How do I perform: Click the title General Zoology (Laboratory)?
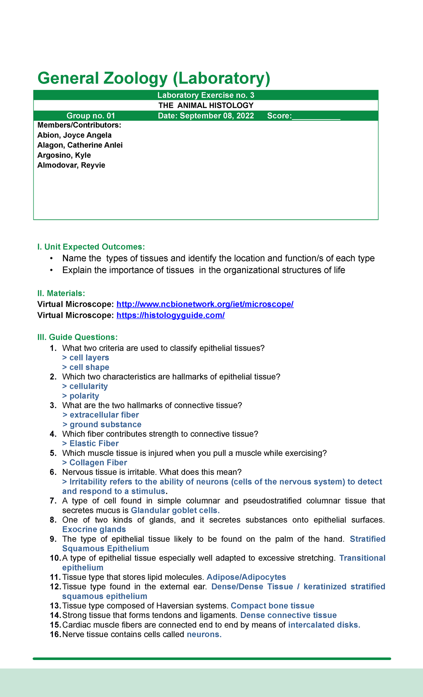pyautogui.click(x=154, y=78)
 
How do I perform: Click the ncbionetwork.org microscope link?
pyautogui.click(x=205, y=304)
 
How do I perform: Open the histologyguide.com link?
pyautogui.click(x=170, y=315)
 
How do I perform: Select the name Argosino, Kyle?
pyautogui.click(x=64, y=155)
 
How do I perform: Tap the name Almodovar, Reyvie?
pyautogui.click(x=71, y=165)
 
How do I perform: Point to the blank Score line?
pyautogui.click(x=316, y=116)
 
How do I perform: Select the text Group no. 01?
pyautogui.click(x=91, y=116)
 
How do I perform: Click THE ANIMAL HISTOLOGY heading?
pyautogui.click(x=206, y=105)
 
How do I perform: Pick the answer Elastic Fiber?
pyautogui.click(x=94, y=443)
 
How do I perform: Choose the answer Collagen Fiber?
pyautogui.click(x=98, y=462)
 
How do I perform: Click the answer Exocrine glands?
pyautogui.click(x=94, y=529)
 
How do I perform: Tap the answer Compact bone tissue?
pyautogui.click(x=272, y=606)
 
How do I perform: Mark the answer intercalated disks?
pyautogui.click(x=324, y=625)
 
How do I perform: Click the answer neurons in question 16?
pyautogui.click(x=204, y=634)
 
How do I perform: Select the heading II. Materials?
pyautogui.click(x=61, y=293)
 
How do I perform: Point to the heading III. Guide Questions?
pyautogui.click(x=77, y=337)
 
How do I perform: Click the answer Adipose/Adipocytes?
pyautogui.click(x=246, y=577)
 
